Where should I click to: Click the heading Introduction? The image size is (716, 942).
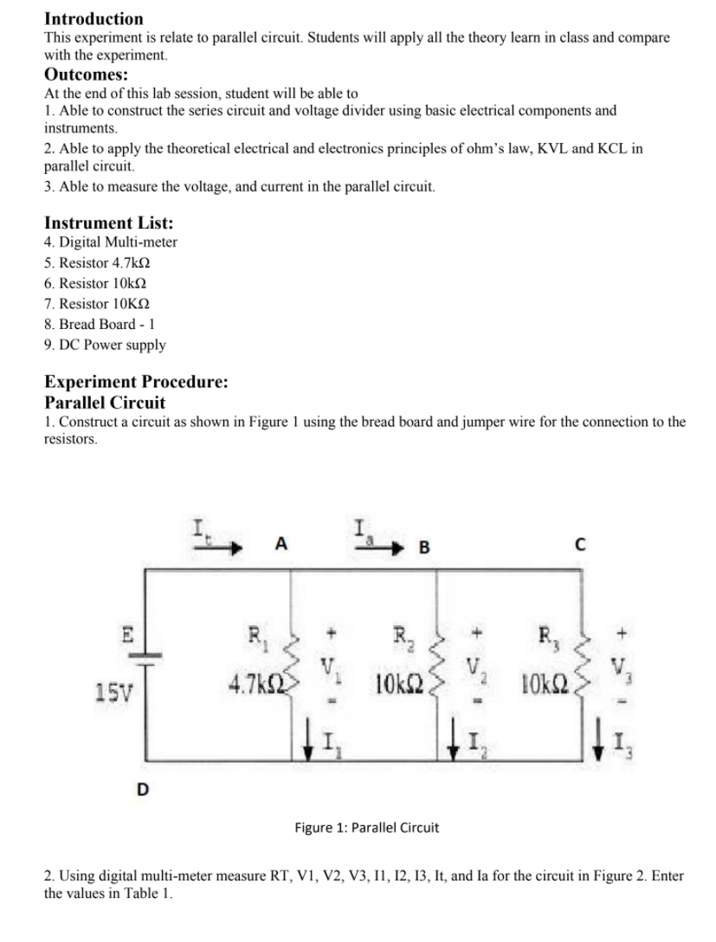pos(94,18)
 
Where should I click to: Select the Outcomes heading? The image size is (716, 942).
pos(87,74)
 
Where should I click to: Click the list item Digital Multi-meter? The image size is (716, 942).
pos(110,242)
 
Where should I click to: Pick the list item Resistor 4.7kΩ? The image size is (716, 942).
pos(102,262)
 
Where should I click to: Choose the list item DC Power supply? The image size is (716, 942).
pos(104,345)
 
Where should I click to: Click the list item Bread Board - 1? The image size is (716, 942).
pos(100,324)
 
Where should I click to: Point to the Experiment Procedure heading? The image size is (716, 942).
pos(136,382)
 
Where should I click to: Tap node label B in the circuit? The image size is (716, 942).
pos(424,546)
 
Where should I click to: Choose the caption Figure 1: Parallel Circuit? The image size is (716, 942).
pos(366,827)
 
